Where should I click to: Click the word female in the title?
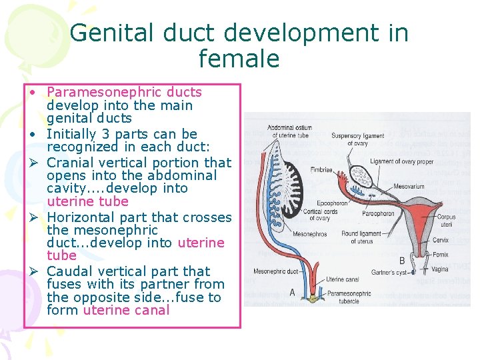pyautogui.click(x=239, y=59)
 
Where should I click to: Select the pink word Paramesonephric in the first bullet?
pyautogui.click(x=124, y=92)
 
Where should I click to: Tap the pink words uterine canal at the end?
pyautogui.click(x=126, y=310)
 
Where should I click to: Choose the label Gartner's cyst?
pyautogui.click(x=389, y=273)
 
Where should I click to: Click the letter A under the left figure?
pyautogui.click(x=293, y=292)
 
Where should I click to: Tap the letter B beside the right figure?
pyautogui.click(x=402, y=260)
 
